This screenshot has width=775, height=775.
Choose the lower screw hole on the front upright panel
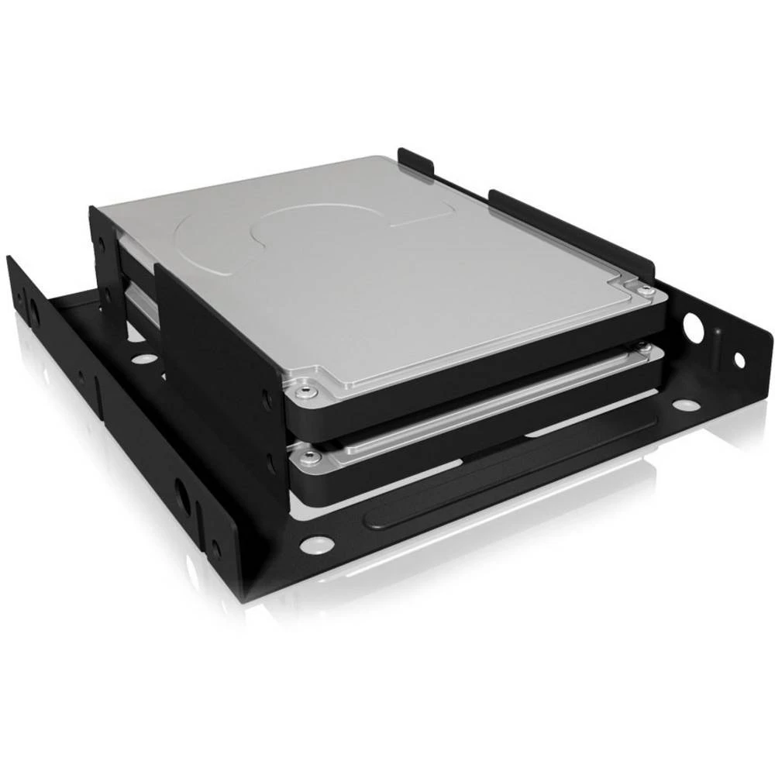click(x=271, y=465)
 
